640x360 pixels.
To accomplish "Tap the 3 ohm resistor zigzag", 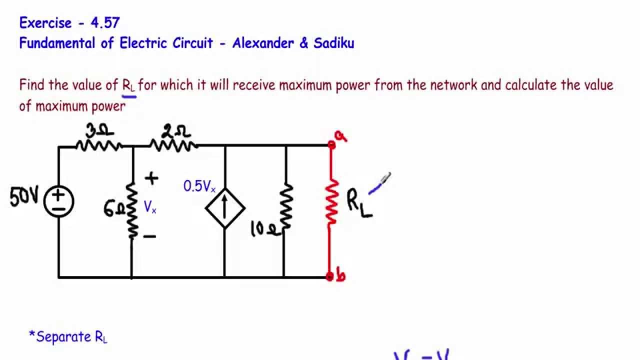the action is (x=99, y=145).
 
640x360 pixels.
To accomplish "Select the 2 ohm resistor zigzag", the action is (x=173, y=145).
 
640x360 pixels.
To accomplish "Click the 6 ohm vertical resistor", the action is (x=132, y=210).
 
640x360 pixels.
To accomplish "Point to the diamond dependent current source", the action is (x=225, y=207).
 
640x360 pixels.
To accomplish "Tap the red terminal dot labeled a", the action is (x=331, y=145).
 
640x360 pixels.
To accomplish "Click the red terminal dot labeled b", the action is (x=329, y=276).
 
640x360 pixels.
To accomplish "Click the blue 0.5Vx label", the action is (x=199, y=187).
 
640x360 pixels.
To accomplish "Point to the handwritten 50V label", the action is (x=24, y=198).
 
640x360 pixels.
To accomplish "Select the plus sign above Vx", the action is (x=151, y=178).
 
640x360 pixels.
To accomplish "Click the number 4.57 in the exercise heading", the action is (x=105, y=22).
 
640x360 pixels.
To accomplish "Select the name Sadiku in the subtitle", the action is (x=334, y=43).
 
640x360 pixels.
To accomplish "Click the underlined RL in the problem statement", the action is (x=128, y=85).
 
